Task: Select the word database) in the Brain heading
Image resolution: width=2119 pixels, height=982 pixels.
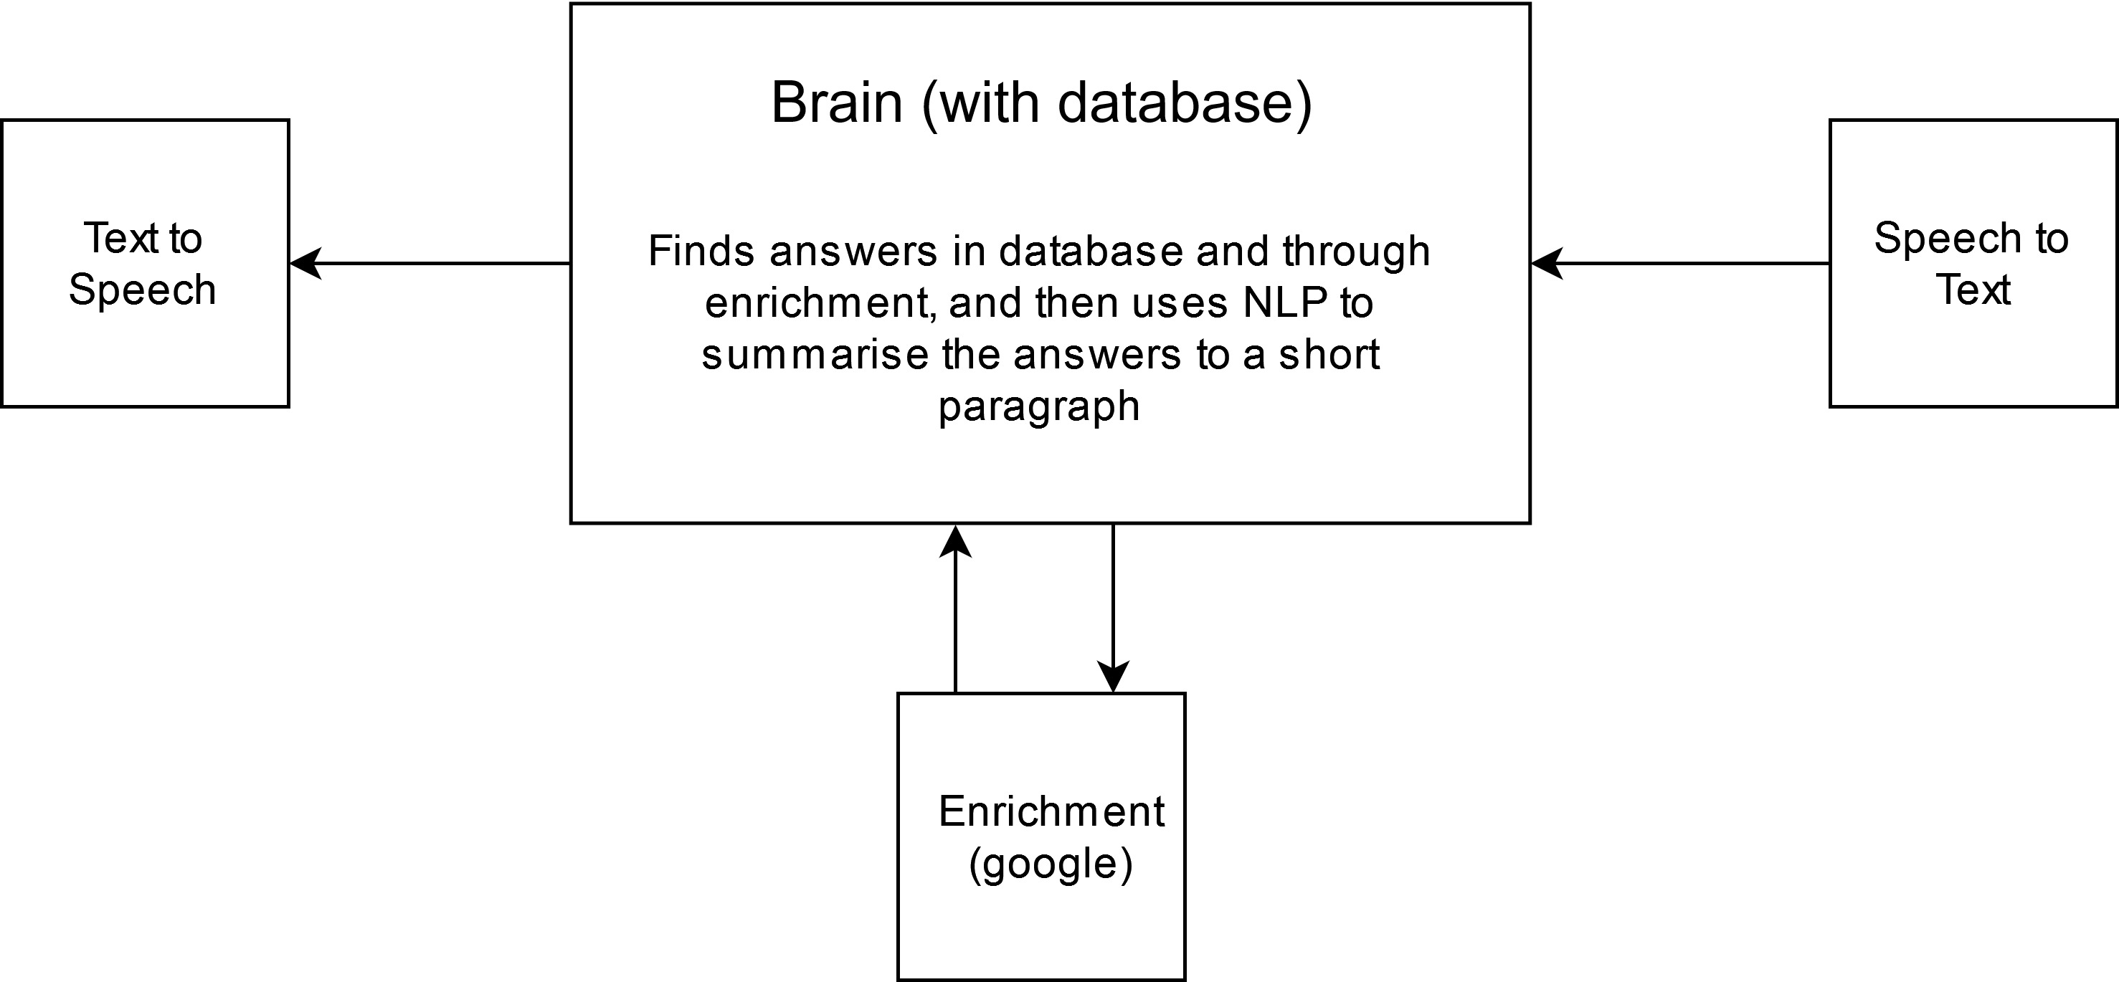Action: (x=1185, y=104)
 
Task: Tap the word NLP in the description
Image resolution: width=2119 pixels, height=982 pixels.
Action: (x=1285, y=302)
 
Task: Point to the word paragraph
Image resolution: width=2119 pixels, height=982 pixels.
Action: (x=1039, y=406)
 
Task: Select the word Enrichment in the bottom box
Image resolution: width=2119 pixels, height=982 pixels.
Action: (x=1051, y=811)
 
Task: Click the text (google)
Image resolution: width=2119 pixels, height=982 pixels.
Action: (x=1051, y=864)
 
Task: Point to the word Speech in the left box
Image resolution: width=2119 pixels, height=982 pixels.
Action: (x=142, y=290)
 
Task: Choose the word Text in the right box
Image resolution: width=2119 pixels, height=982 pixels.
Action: (x=1973, y=290)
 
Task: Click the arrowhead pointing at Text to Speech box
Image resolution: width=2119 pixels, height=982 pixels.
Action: (x=304, y=264)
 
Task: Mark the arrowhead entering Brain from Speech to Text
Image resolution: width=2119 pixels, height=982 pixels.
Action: (x=1545, y=264)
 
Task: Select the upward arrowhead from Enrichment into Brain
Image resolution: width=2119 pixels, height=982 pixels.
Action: (x=955, y=541)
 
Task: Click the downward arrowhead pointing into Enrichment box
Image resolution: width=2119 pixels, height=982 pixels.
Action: (x=1113, y=676)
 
